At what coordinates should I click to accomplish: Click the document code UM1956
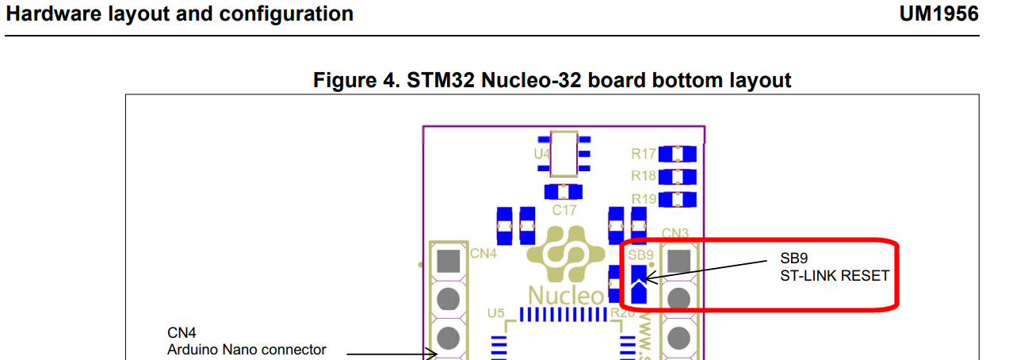938,14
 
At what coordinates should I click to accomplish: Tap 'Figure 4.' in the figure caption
356,80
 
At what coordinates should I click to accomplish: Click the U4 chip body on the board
564,153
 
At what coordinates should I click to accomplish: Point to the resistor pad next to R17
677,154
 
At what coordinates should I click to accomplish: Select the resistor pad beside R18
677,176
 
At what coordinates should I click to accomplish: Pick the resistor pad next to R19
677,198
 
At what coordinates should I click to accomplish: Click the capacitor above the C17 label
564,192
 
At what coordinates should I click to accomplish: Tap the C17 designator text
564,210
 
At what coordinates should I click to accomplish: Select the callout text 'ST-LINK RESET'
834,276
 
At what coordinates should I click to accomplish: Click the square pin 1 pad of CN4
448,260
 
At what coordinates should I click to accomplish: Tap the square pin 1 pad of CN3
678,260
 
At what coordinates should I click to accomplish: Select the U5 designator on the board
495,313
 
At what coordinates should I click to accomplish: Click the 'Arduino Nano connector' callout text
246,349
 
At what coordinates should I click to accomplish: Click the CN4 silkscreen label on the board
483,254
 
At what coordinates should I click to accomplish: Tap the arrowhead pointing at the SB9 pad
644,278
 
